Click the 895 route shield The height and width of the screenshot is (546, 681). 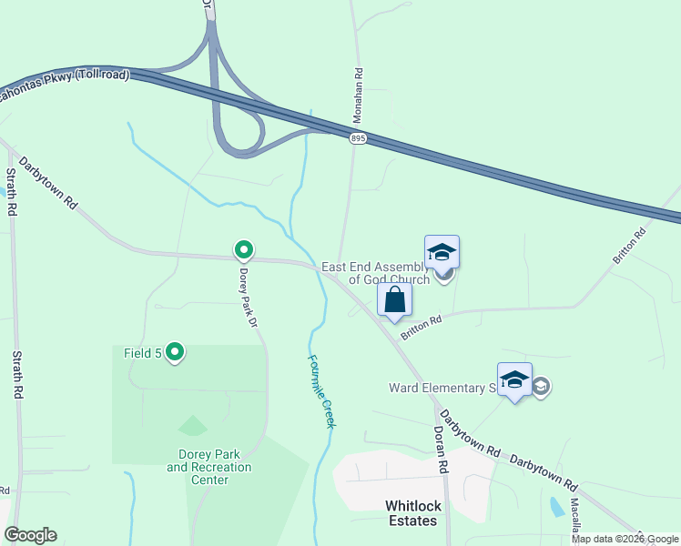(357, 137)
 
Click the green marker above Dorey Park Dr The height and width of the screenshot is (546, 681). (243, 248)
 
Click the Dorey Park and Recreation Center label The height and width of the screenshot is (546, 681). (209, 467)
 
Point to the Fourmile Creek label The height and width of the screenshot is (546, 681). (321, 390)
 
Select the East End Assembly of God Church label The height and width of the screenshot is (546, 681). (375, 274)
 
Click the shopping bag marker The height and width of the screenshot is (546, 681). (395, 299)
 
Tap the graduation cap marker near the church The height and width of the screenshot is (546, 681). (442, 252)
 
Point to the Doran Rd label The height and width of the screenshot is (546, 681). (442, 449)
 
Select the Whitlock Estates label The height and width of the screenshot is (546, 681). (410, 513)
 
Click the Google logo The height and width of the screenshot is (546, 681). (30, 535)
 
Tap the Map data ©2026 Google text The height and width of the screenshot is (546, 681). (625, 539)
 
